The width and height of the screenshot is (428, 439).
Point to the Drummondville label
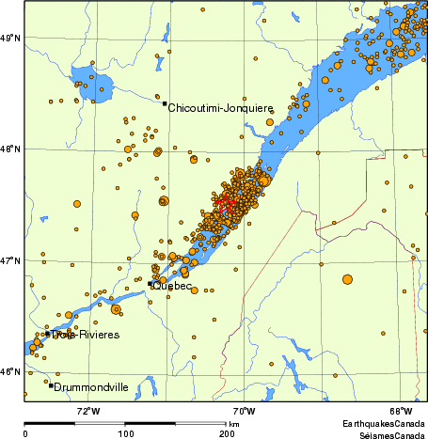coord(91,386)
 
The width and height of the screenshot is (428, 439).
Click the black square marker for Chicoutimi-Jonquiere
coord(165,103)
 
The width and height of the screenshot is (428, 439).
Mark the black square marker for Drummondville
coord(51,385)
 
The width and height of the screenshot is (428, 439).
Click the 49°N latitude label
coord(10,38)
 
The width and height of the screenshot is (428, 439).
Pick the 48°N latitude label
coord(10,149)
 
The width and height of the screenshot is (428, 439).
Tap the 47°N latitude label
coord(10,260)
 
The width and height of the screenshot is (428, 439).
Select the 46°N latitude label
coord(10,371)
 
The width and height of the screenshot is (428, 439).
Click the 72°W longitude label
coord(89,411)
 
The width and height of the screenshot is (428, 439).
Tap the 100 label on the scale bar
coord(125,432)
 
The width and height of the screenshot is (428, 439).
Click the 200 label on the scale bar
coord(227,432)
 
